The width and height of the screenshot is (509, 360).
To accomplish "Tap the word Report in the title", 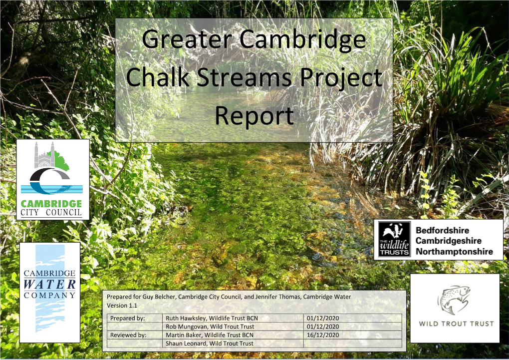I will click(254, 116).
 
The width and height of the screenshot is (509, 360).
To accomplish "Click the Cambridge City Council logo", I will click(53, 179).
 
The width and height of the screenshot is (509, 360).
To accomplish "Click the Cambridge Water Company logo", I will click(49, 292).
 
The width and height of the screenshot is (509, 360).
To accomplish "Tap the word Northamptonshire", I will click(454, 251).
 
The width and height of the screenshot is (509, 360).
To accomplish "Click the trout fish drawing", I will click(453, 300).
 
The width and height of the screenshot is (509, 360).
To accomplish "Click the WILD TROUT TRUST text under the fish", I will click(456, 324).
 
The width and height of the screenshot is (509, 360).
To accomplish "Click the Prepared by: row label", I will click(128, 318).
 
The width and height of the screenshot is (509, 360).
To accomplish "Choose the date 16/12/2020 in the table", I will click(323, 335).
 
